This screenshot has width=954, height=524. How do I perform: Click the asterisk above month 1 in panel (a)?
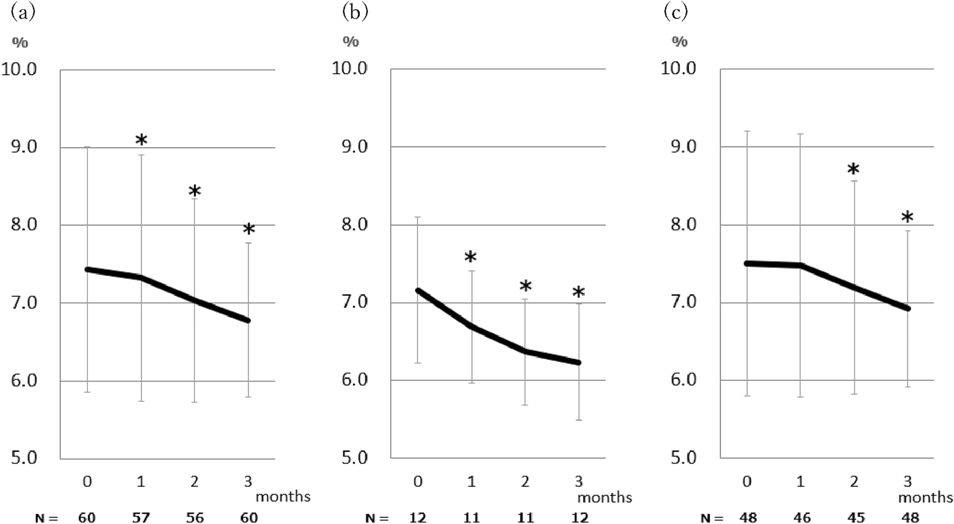(x=141, y=140)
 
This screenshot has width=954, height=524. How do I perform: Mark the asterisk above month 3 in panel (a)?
(x=249, y=230)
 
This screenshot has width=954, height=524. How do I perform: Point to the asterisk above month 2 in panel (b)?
(x=525, y=286)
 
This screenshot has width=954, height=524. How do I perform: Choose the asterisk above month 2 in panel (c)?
(x=853, y=170)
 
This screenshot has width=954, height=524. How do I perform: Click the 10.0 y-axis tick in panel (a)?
(x=19, y=69)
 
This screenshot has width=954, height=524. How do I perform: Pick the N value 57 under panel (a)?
(x=141, y=517)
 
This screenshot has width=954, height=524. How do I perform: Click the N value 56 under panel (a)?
(x=195, y=517)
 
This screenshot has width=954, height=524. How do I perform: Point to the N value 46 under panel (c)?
(x=802, y=517)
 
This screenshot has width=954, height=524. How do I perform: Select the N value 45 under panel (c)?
(x=856, y=517)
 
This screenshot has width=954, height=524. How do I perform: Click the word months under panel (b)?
(x=604, y=497)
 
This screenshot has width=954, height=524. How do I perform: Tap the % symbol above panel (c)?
(x=680, y=42)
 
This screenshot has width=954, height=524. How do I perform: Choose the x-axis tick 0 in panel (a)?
(x=87, y=481)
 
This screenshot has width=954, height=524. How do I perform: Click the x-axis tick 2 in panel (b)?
(x=525, y=481)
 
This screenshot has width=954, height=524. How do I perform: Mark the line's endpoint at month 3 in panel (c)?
(x=907, y=308)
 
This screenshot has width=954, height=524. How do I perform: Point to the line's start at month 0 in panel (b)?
(x=418, y=291)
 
